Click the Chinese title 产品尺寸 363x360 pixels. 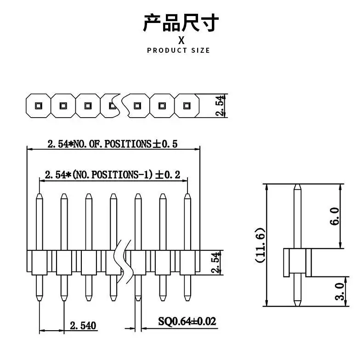181,23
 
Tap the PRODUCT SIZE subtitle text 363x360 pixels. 178,50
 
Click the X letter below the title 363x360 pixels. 181,39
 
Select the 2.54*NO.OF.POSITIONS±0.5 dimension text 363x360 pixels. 113,144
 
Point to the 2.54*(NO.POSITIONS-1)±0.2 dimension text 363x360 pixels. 113,174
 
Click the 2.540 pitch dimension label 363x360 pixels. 83,326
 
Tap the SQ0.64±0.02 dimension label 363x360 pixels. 187,321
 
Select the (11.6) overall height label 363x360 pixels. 260,245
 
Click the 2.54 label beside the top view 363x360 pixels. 221,106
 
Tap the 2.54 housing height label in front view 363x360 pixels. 216,263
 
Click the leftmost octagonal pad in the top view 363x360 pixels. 37,106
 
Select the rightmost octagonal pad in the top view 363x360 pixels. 187,106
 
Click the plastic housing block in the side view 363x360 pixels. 297,262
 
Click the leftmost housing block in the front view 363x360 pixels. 40,263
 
